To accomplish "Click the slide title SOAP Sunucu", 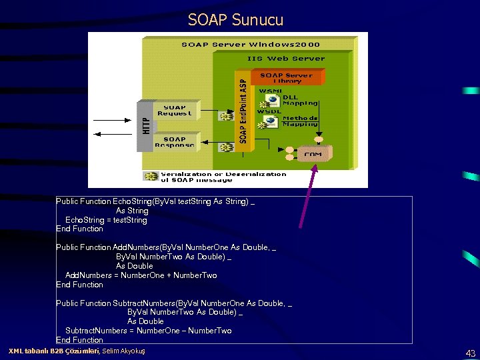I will pyautogui.click(x=235, y=20).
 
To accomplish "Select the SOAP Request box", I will pyautogui.click(x=174, y=110).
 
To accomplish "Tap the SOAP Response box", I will pyautogui.click(x=174, y=142).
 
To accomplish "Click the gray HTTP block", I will pyautogui.click(x=147, y=125).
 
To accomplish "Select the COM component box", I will pyautogui.click(x=313, y=154).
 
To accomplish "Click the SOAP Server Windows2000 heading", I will pyautogui.click(x=251, y=45).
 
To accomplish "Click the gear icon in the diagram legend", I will pyautogui.click(x=151, y=177).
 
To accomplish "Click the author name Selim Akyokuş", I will pyautogui.click(x=123, y=351).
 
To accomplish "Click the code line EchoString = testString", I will pyautogui.click(x=106, y=220).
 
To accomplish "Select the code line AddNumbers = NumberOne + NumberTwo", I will pyautogui.click(x=141, y=275).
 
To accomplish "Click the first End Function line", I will pyautogui.click(x=79, y=229).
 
